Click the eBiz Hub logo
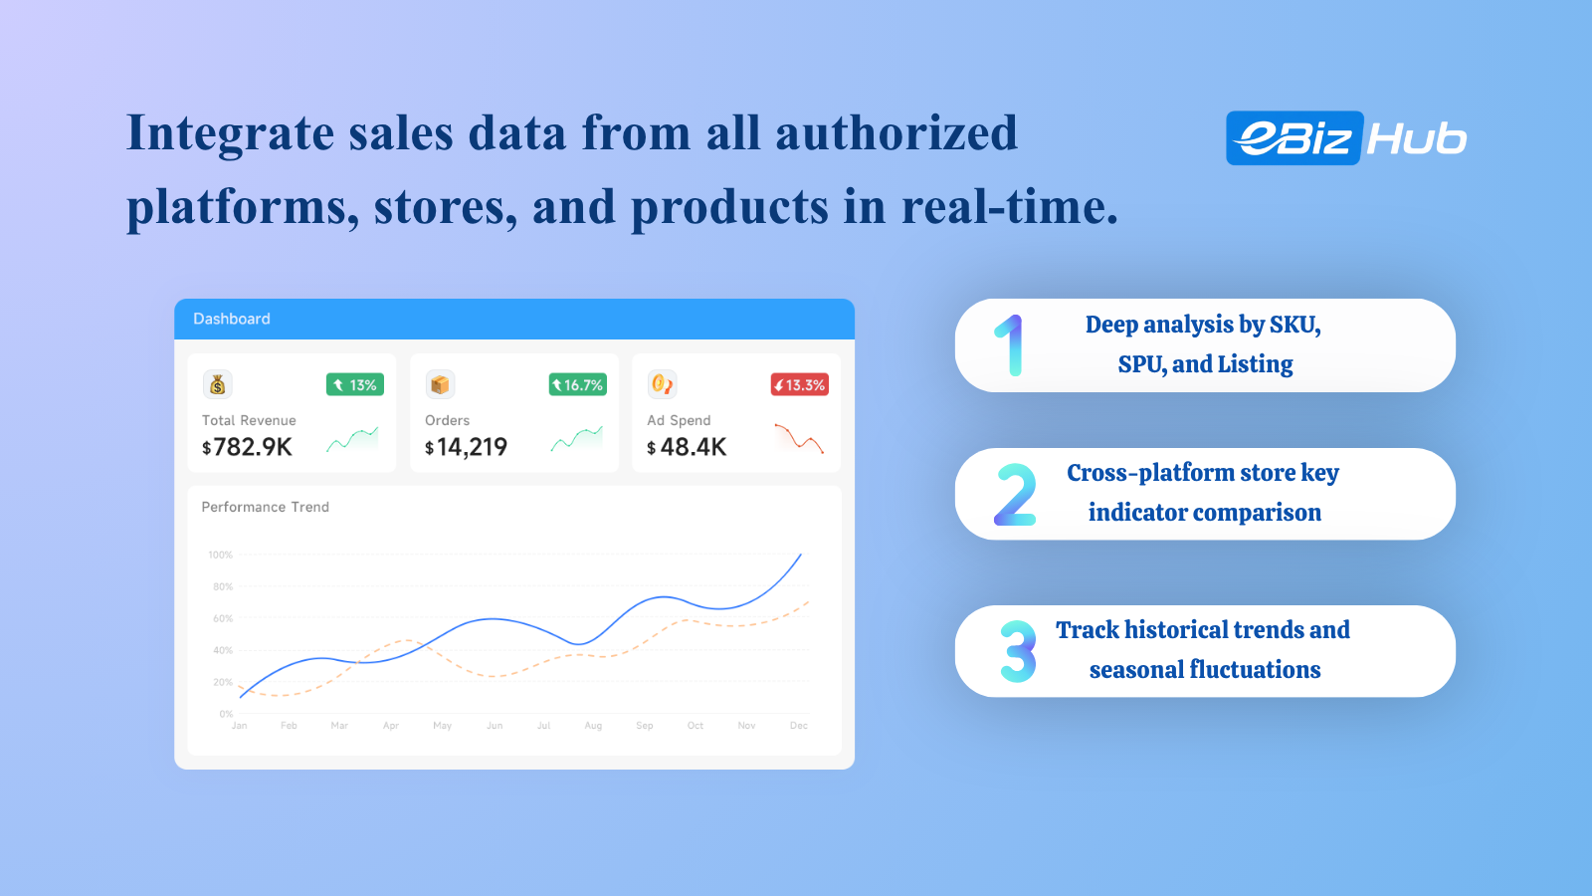click(x=1346, y=138)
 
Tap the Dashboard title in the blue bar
click(x=232, y=319)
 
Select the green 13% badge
click(x=354, y=384)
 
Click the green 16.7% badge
click(x=578, y=384)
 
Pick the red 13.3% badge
click(x=800, y=384)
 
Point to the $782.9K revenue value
click(x=248, y=447)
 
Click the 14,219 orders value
click(x=472, y=447)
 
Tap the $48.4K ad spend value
click(x=687, y=447)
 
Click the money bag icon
click(x=218, y=384)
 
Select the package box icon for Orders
click(x=440, y=384)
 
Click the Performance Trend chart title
click(x=265, y=507)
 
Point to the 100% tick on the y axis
click(x=220, y=555)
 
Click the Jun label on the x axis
click(x=495, y=726)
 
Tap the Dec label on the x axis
click(x=799, y=726)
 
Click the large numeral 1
click(x=1009, y=344)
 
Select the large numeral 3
click(x=1018, y=651)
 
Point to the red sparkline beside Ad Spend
click(x=799, y=438)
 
